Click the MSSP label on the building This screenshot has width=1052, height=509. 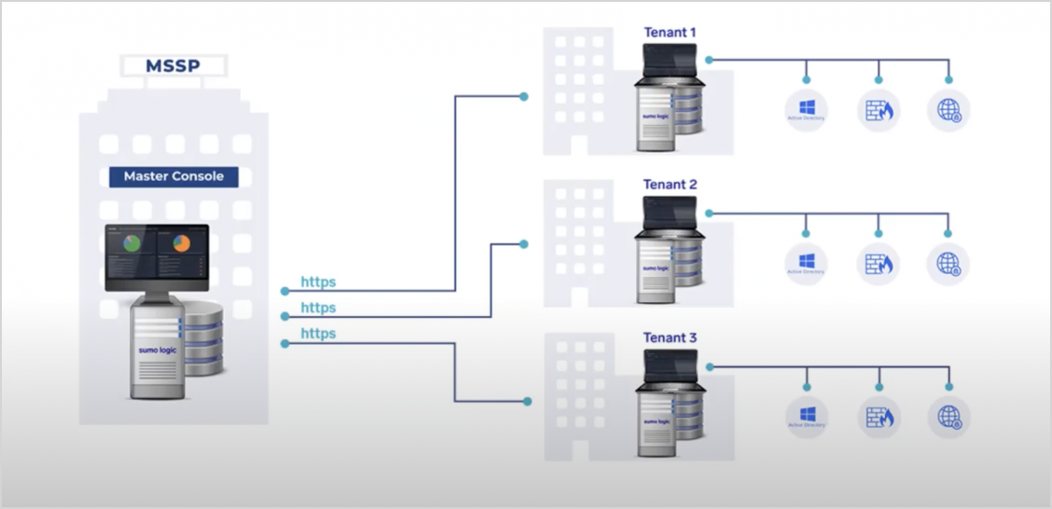pyautogui.click(x=173, y=65)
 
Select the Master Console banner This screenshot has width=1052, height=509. pyautogui.click(x=173, y=176)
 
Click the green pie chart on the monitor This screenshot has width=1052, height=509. pyautogui.click(x=132, y=243)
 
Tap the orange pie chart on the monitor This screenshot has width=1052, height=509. pyautogui.click(x=181, y=243)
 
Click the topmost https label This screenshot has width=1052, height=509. pyautogui.click(x=318, y=282)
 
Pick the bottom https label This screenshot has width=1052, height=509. pyautogui.click(x=318, y=334)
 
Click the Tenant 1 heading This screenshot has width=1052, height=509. pyautogui.click(x=670, y=33)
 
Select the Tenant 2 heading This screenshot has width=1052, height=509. pyautogui.click(x=670, y=185)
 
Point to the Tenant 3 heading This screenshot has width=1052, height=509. pyautogui.click(x=670, y=337)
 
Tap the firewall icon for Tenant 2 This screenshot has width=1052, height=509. pyautogui.click(x=879, y=264)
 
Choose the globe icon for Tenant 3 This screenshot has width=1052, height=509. pyautogui.click(x=948, y=417)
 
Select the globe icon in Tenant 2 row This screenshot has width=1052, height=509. pyautogui.click(x=948, y=264)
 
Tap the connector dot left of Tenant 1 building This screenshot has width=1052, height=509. pyautogui.click(x=524, y=96)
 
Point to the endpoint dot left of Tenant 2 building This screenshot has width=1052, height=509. pyautogui.click(x=524, y=244)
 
